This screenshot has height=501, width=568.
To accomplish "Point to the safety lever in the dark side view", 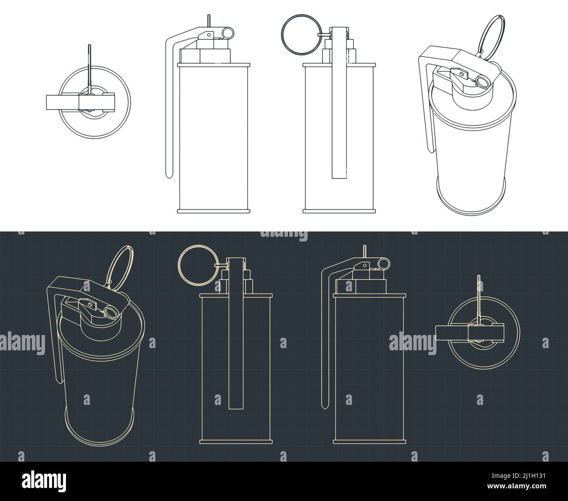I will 324,341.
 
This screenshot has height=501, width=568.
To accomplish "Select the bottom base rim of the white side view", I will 214,211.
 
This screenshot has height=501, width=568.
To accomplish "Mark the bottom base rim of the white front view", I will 339,211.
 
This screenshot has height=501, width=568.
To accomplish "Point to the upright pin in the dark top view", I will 479,297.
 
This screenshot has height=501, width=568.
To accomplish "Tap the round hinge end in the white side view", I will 228,32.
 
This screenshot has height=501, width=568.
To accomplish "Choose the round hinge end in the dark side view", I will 383,263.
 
